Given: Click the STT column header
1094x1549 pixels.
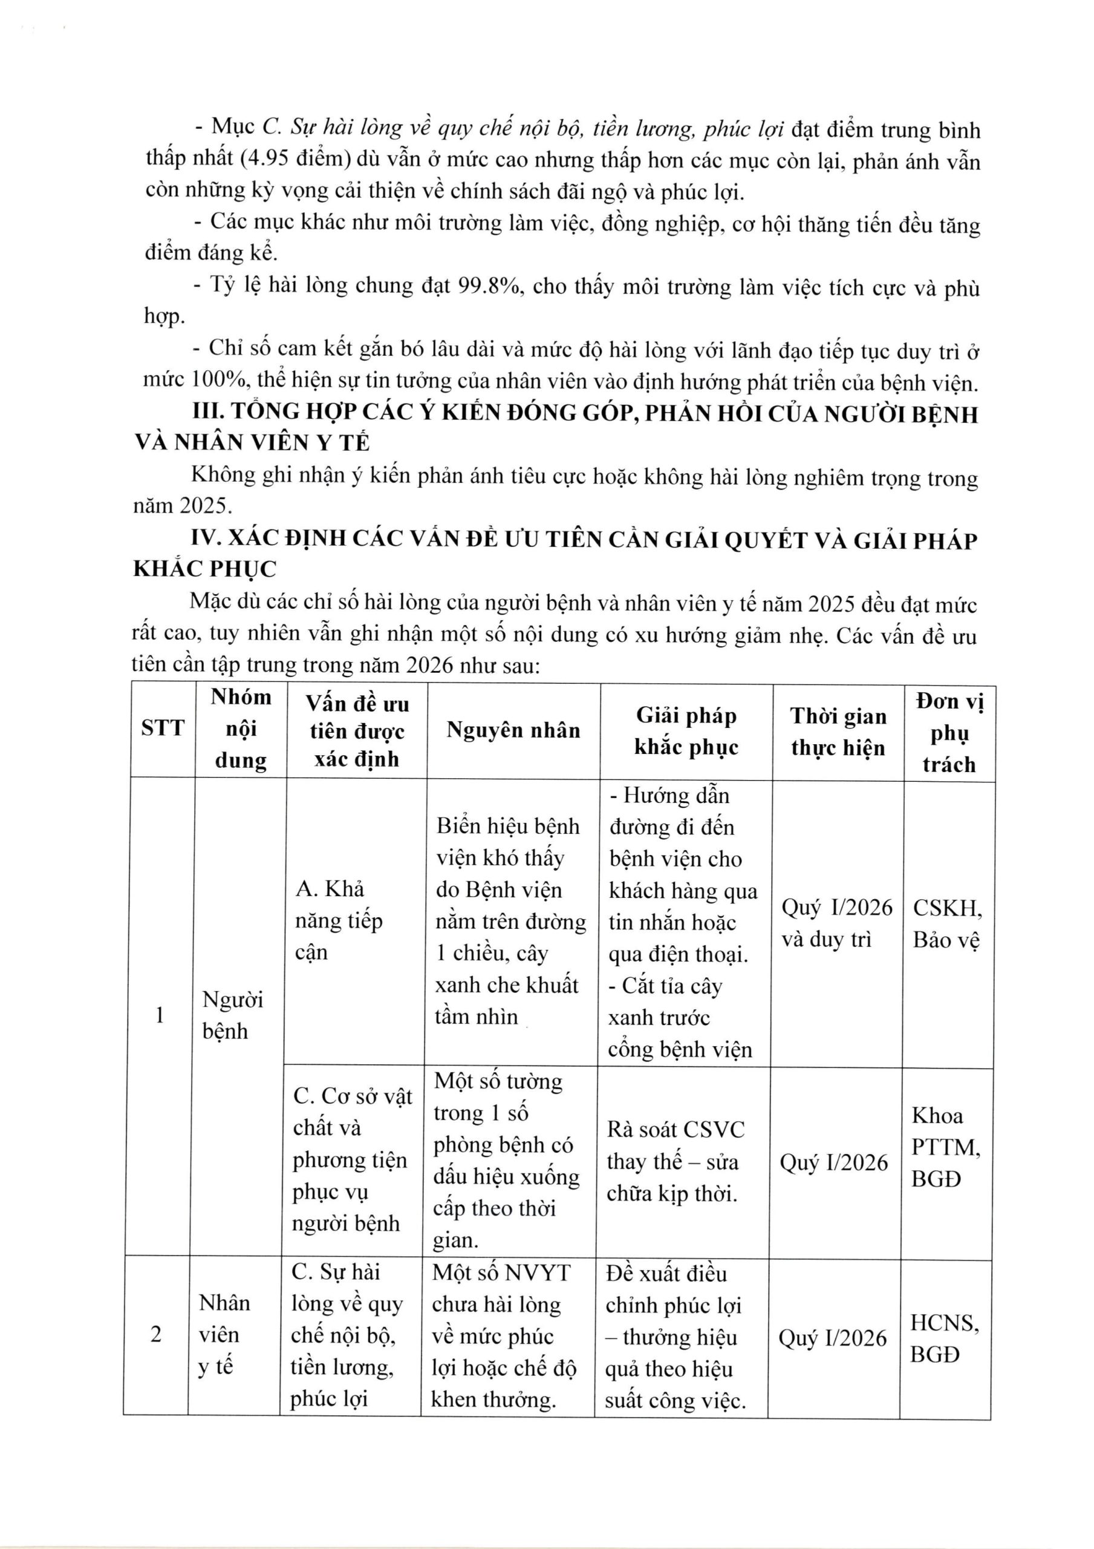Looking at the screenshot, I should pos(162,728).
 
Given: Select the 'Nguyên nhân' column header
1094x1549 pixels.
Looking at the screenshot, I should pos(513,730).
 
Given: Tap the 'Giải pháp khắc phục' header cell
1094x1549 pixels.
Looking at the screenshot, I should pos(686,732).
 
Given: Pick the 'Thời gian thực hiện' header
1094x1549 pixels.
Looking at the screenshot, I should pos(838,732).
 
